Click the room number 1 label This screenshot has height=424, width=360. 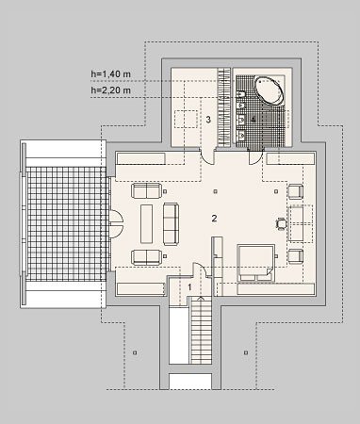click(x=189, y=287)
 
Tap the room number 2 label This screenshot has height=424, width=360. click(x=214, y=219)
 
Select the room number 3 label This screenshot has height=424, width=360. click(x=208, y=120)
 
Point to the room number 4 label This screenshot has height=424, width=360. click(x=254, y=120)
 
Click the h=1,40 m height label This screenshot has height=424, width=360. click(x=110, y=74)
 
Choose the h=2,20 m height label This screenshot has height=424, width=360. click(x=110, y=90)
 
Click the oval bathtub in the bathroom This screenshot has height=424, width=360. click(x=269, y=90)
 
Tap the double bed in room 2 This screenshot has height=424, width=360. click(x=255, y=263)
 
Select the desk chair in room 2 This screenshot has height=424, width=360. click(x=282, y=224)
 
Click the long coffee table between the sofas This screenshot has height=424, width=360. click(x=146, y=223)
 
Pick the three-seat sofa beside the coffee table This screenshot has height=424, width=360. click(x=171, y=224)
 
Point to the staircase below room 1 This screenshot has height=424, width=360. click(x=201, y=331)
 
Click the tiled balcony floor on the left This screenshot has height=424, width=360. click(x=66, y=224)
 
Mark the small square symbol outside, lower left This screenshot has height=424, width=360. click(x=135, y=352)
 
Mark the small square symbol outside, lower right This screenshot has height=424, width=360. click(x=246, y=352)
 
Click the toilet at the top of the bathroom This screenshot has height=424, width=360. click(x=241, y=94)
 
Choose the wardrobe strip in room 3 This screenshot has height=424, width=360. click(x=224, y=107)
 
